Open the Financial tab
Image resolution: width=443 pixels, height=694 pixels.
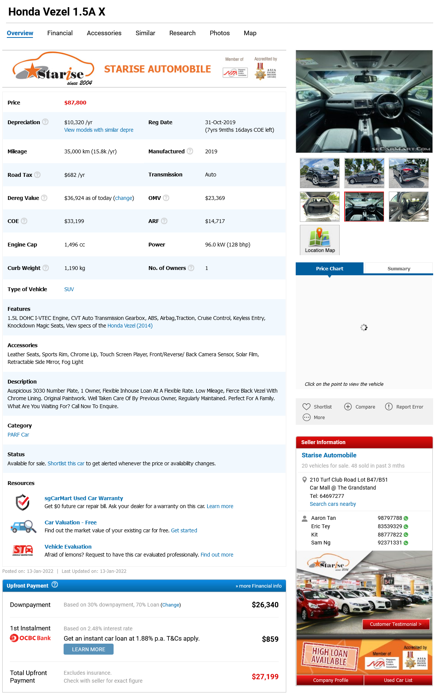60,33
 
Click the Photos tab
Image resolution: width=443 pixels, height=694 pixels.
220,33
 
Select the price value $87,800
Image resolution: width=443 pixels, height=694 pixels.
75,103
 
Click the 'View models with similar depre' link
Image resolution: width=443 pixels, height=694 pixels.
99,130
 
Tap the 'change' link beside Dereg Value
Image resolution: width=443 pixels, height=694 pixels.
124,198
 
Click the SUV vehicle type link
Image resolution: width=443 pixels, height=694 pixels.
69,289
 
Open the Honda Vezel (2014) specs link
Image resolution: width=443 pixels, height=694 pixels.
130,326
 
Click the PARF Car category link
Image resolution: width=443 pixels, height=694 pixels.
18,435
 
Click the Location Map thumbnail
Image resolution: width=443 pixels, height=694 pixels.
320,240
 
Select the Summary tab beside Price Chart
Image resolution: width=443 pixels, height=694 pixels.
399,268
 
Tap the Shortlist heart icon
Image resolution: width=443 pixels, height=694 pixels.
306,407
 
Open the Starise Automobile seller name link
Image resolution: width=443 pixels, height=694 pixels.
329,455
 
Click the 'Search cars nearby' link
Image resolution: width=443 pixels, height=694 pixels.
333,504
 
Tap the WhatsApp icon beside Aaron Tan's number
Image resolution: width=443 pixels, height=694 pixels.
406,518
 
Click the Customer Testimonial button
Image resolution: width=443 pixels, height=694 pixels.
396,624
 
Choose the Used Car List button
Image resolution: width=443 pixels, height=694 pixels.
398,680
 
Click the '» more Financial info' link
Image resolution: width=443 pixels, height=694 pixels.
259,586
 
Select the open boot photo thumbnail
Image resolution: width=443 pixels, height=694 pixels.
320,206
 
